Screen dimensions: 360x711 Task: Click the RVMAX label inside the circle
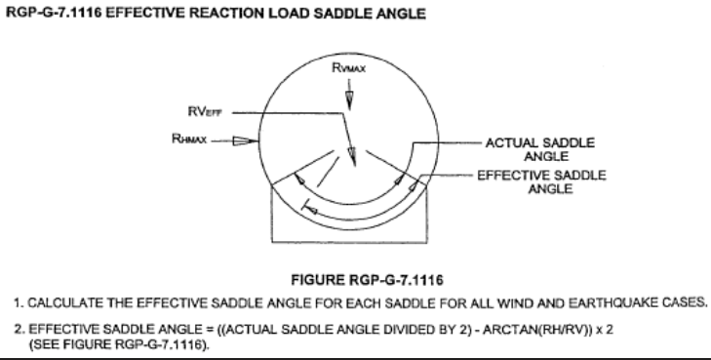click(348, 70)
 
